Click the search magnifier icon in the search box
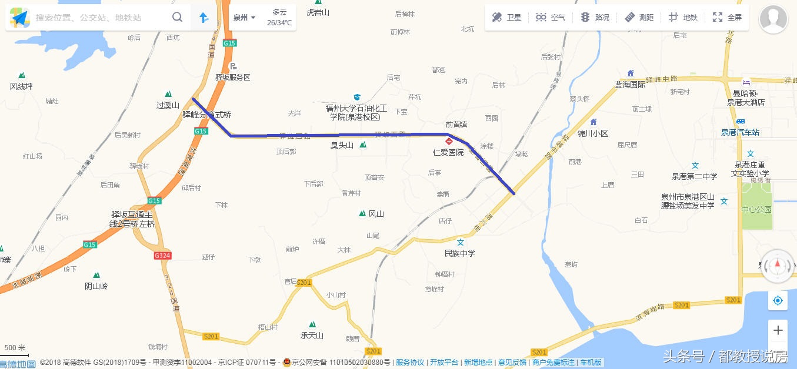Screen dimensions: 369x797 point(177,17)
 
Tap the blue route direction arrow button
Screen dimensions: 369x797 point(204,18)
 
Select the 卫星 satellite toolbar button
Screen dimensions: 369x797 point(506,18)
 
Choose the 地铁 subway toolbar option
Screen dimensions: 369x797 point(683,18)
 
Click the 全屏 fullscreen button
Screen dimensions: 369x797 point(727,18)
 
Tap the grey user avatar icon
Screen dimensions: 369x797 point(773,20)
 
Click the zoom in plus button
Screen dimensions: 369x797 point(778,330)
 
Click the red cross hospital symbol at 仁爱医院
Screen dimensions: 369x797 point(449,142)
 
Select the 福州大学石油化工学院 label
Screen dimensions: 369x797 point(356,112)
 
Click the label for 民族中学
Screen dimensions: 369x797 point(460,253)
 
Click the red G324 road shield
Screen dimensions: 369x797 point(162,256)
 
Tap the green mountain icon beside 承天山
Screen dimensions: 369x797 point(312,324)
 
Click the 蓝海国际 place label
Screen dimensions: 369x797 point(630,85)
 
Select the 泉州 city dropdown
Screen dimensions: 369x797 point(244,18)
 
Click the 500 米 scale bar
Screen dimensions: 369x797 point(15,351)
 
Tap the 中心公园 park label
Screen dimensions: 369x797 point(756,209)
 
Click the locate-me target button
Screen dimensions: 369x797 point(778,301)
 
